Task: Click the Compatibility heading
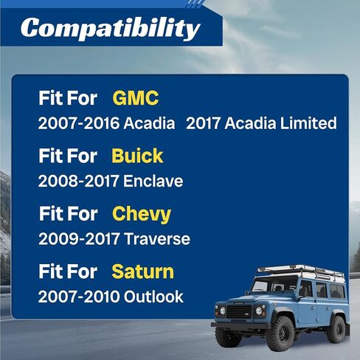click(111, 29)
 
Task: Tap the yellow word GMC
click(136, 98)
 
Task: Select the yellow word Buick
click(137, 156)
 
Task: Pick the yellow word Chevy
click(142, 215)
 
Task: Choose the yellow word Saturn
click(143, 271)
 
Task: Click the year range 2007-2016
click(79, 123)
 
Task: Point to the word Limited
click(308, 122)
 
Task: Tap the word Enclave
click(153, 181)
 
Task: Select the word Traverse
click(157, 239)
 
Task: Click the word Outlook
click(153, 297)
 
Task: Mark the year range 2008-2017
click(79, 181)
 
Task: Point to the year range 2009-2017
click(79, 239)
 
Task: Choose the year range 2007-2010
click(79, 297)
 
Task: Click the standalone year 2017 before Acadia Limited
click(203, 123)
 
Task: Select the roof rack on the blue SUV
click(301, 271)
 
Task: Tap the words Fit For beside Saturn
click(68, 271)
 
